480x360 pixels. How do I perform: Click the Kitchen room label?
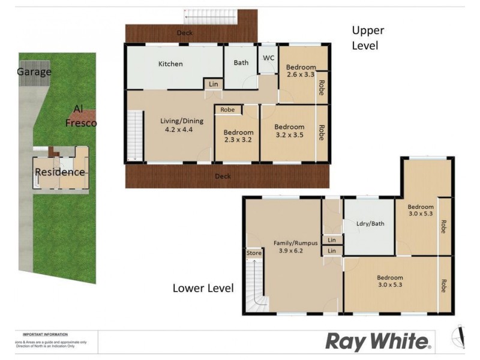click(170, 64)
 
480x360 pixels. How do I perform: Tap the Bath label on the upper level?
click(241, 62)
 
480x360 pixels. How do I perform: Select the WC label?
click(268, 58)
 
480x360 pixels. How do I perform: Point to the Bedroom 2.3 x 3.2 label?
click(238, 136)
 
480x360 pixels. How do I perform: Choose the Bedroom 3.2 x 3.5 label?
click(289, 131)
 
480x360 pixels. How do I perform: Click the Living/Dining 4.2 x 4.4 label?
click(182, 125)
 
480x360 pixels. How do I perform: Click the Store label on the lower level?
click(254, 254)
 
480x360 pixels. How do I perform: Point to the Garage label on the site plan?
click(34, 72)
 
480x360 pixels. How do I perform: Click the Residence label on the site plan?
click(59, 172)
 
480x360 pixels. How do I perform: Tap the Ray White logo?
click(379, 341)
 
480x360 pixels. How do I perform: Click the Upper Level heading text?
click(368, 38)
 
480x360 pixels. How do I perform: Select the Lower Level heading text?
click(203, 288)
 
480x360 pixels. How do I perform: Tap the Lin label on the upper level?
click(214, 85)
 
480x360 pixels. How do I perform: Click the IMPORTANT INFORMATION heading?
click(45, 334)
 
